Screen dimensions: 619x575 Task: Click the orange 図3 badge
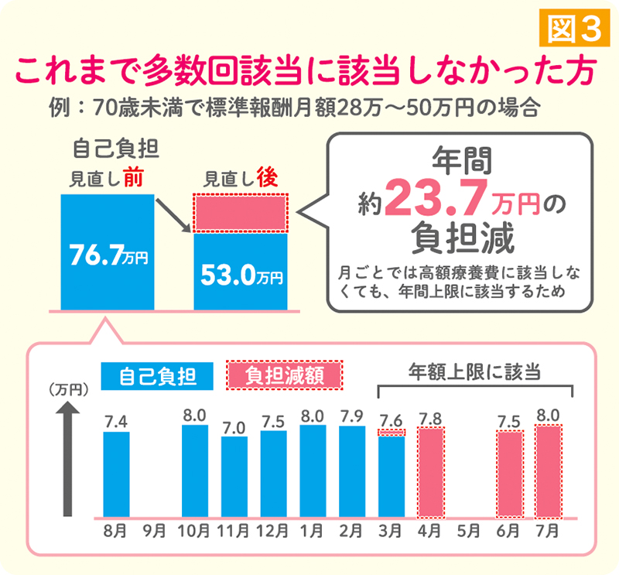click(x=574, y=29)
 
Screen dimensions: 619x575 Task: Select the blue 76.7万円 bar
click(x=108, y=252)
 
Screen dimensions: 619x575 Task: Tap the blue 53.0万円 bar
click(x=241, y=272)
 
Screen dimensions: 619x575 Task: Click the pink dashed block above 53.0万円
click(x=241, y=213)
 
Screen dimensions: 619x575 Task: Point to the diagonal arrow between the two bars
click(x=173, y=215)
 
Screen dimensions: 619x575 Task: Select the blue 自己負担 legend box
click(x=157, y=376)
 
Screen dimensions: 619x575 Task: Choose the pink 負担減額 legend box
click(x=284, y=375)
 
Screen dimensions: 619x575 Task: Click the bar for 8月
click(x=117, y=474)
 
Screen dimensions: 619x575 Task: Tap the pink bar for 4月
click(x=431, y=473)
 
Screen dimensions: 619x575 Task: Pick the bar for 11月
click(x=234, y=477)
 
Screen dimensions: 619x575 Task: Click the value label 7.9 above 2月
click(x=352, y=416)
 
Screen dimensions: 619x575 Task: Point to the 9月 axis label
click(x=154, y=531)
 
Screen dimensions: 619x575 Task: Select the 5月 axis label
click(x=469, y=531)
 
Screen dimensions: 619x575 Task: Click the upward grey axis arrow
click(x=67, y=459)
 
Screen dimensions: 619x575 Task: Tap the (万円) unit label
click(x=68, y=390)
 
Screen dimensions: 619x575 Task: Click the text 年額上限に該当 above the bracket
click(x=474, y=371)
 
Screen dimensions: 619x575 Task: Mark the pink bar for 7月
click(x=549, y=471)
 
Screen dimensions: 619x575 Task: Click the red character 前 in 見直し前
click(x=133, y=178)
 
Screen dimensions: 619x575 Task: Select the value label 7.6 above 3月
click(x=392, y=420)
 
